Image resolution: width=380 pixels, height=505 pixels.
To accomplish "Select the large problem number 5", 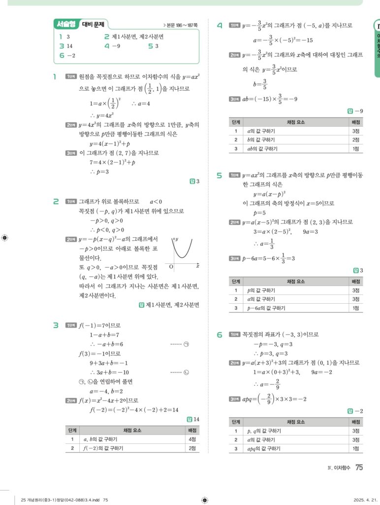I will [x=220, y=176].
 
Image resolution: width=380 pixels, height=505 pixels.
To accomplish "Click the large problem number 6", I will [x=220, y=335].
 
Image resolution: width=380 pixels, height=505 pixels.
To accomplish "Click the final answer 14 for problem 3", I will [x=195, y=420].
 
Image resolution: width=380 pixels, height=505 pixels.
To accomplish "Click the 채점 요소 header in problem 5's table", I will [x=295, y=281].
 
